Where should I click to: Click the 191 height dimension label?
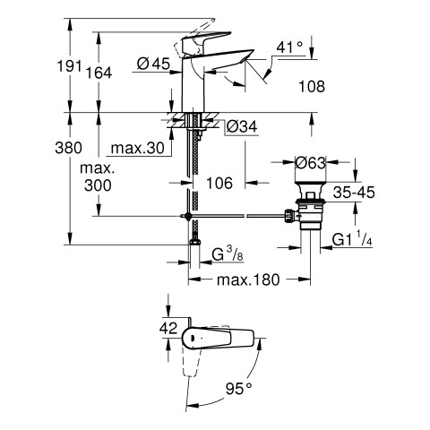pyautogui.click(x=70, y=66)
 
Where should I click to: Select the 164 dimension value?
pyautogui.click(x=99, y=73)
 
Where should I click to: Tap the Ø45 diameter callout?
pyautogui.click(x=153, y=64)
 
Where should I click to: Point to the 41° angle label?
pyautogui.click(x=289, y=47)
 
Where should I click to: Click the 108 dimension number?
pyautogui.click(x=312, y=87)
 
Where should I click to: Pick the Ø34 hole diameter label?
pyautogui.click(x=242, y=126)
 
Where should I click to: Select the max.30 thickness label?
pyautogui.click(x=138, y=148)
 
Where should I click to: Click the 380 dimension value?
pyautogui.click(x=68, y=148)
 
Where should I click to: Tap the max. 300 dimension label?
pyautogui.click(x=98, y=177)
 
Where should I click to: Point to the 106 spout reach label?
pyautogui.click(x=219, y=183)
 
